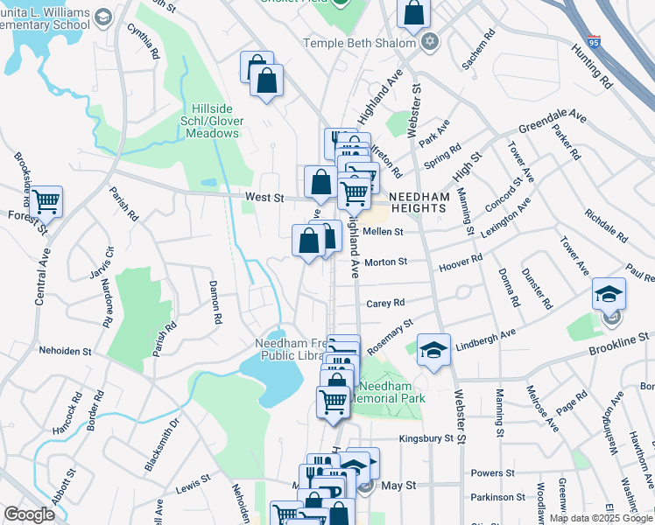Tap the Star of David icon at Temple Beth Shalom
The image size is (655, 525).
[429, 42]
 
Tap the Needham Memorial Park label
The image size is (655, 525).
[391, 392]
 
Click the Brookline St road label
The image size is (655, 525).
[617, 337]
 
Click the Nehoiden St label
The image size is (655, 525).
[65, 351]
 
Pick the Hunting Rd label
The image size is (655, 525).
[593, 67]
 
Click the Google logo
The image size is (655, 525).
[29, 514]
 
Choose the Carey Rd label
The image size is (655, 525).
[385, 303]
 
